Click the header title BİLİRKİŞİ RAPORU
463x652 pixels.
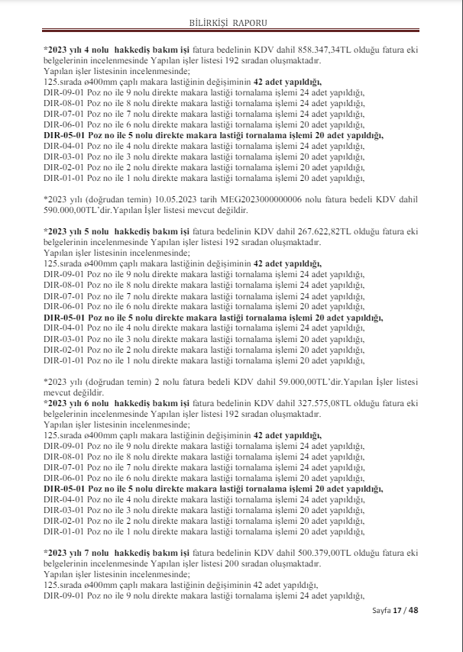click(231, 24)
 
